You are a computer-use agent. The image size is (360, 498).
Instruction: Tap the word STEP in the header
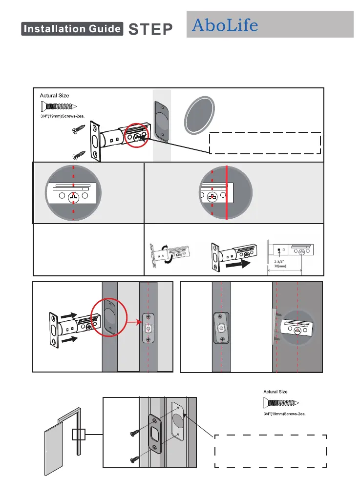[x=150, y=29]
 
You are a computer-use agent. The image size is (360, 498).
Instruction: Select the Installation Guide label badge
[x=72, y=29]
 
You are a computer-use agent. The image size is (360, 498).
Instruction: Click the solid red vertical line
[x=227, y=194]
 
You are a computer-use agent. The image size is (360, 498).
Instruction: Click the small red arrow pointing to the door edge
[x=131, y=322]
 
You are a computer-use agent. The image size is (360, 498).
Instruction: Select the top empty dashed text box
[x=265, y=143]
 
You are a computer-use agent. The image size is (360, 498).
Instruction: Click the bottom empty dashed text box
[x=271, y=450]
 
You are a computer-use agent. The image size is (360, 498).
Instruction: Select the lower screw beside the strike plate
[x=135, y=459]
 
